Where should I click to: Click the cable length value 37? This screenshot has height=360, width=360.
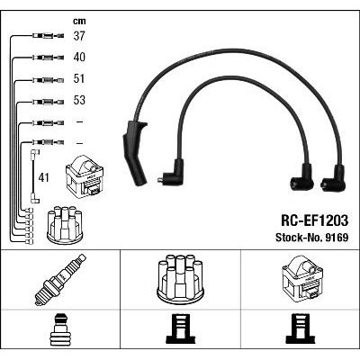click(79, 36)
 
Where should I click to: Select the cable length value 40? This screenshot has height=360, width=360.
click(79, 57)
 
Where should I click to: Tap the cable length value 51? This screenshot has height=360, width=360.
click(79, 78)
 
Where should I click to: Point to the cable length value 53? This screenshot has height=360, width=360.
click(79, 100)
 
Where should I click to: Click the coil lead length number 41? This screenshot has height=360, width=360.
click(43, 177)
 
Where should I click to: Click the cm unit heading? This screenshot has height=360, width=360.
click(79, 21)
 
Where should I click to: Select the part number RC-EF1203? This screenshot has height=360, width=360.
click(314, 220)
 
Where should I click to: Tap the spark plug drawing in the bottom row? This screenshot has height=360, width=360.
click(60, 280)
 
